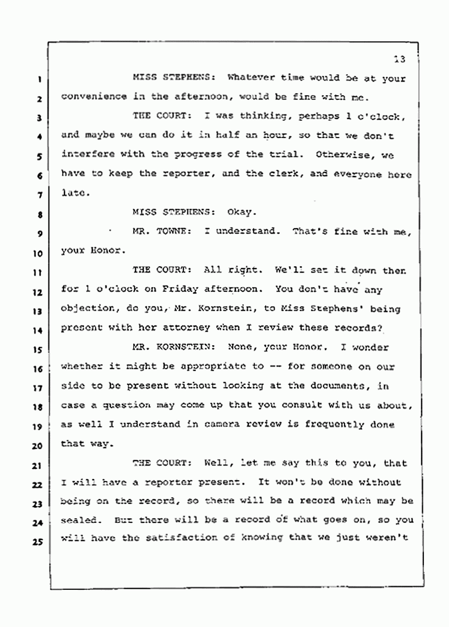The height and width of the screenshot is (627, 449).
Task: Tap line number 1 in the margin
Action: [40, 81]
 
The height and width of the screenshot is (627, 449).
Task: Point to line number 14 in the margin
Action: [38, 330]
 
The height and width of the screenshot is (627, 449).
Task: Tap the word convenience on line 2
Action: [93, 96]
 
